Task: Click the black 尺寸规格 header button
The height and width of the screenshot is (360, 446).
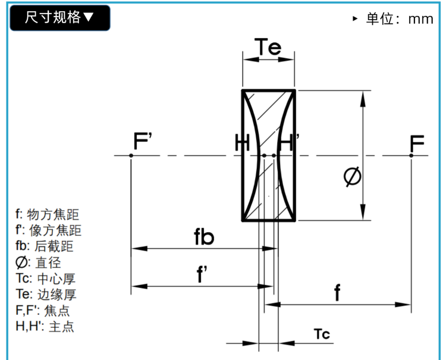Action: [x=60, y=18]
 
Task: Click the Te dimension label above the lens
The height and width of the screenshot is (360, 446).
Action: [x=268, y=46]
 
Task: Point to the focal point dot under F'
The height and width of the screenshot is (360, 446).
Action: [x=131, y=155]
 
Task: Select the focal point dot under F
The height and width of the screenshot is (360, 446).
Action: [x=411, y=155]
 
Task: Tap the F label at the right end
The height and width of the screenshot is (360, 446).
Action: [x=417, y=143]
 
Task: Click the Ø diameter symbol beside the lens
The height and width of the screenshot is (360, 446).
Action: [x=352, y=177]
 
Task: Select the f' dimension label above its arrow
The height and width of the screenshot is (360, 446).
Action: [x=202, y=274]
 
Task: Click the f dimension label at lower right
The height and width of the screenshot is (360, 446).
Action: [x=337, y=292]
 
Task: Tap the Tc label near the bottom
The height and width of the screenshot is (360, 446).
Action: [x=322, y=334]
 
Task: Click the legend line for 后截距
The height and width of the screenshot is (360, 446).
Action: [x=45, y=246]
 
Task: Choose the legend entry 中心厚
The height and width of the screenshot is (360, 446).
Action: [x=46, y=278]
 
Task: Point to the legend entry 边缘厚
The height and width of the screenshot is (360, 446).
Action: [x=46, y=295]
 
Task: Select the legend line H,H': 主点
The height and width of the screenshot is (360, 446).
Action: [x=45, y=327]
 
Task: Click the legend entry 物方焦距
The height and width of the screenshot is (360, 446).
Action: [x=47, y=214]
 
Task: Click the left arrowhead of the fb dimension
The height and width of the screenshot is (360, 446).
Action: [x=139, y=249]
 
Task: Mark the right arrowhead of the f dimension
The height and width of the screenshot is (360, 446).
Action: [x=403, y=305]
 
